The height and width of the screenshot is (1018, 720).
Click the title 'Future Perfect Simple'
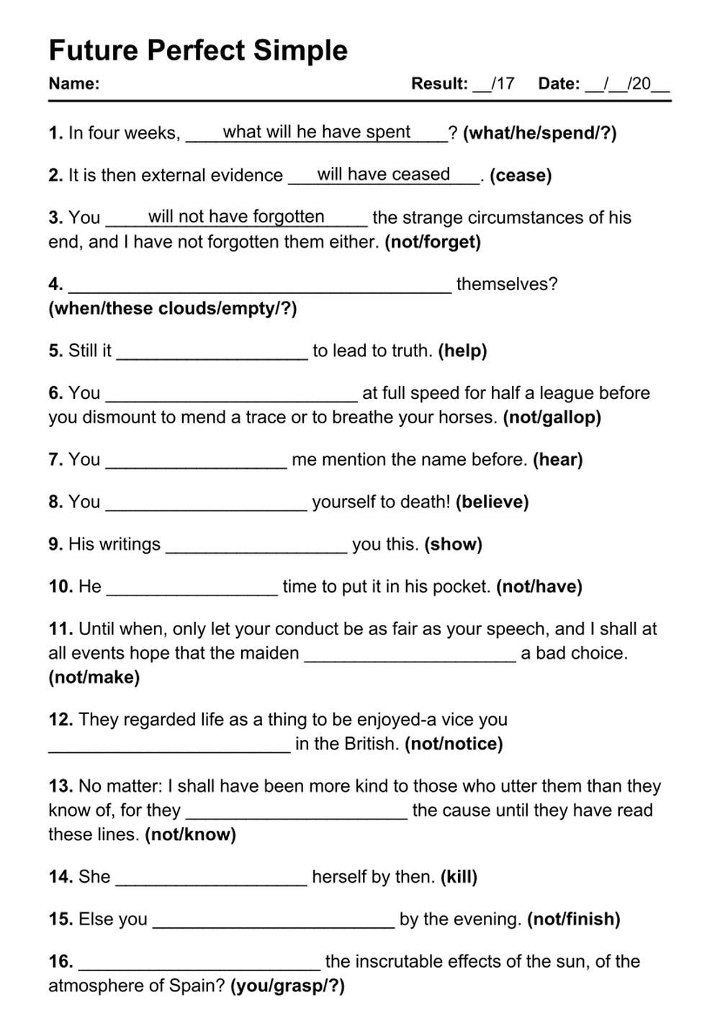click(198, 50)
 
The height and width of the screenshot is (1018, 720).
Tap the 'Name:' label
click(73, 84)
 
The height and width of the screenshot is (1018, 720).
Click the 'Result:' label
click(439, 84)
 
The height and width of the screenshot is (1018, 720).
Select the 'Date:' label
click(559, 84)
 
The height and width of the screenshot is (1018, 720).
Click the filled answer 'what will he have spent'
click(317, 132)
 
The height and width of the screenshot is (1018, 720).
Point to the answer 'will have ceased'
click(384, 174)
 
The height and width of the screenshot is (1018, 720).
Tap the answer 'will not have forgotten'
click(236, 217)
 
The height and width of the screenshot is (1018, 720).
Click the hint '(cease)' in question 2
click(521, 176)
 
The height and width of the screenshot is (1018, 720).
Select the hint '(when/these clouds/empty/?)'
click(173, 309)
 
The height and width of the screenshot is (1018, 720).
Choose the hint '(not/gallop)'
click(552, 418)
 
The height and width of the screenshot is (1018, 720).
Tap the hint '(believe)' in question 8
click(492, 502)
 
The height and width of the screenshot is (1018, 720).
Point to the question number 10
click(60, 587)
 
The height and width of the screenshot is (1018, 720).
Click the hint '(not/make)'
click(94, 677)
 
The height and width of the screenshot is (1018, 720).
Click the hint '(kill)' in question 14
click(459, 877)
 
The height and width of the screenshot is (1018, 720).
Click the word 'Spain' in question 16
click(202, 986)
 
